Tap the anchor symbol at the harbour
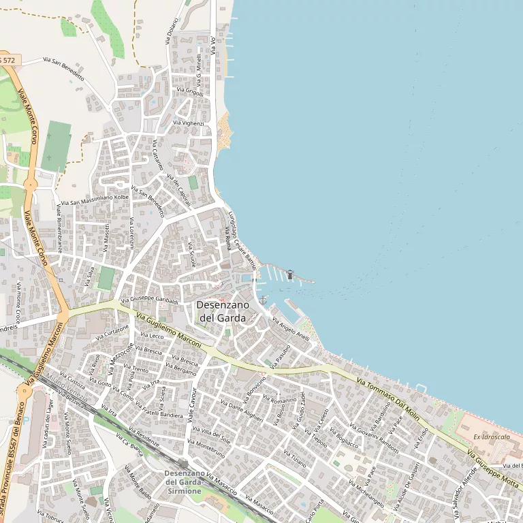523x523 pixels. point(263,300)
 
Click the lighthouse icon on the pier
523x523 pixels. point(290,274)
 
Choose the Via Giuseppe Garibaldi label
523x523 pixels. point(149,300)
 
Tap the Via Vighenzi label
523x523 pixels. point(188,123)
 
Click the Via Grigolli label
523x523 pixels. point(189,90)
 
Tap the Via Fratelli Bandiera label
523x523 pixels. point(159,411)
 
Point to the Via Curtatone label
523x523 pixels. point(112,333)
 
